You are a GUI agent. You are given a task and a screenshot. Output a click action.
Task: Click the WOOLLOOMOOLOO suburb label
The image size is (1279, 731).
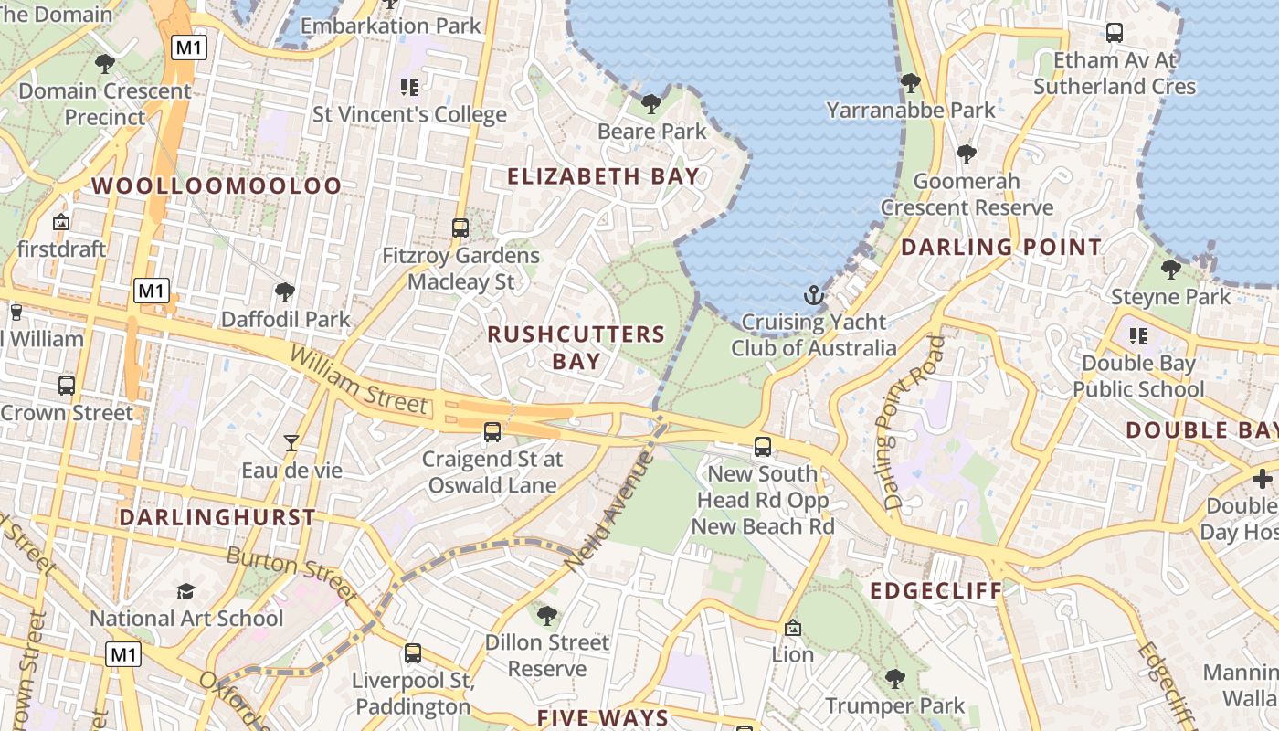tap(217, 185)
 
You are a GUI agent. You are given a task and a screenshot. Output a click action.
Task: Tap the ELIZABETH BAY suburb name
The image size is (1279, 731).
tap(604, 176)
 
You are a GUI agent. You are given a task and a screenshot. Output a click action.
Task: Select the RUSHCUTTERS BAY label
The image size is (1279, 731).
tap(576, 347)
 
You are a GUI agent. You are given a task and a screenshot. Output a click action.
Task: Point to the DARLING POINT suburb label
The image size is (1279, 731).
tap(1001, 247)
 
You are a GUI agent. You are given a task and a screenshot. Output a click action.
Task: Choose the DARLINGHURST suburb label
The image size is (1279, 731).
tap(217, 517)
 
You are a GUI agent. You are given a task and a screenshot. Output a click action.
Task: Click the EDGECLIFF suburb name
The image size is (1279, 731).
tap(936, 590)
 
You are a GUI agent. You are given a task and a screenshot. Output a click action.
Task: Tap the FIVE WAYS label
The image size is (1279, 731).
tap(603, 717)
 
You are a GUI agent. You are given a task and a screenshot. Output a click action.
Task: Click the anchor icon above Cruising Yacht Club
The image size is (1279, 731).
tap(813, 295)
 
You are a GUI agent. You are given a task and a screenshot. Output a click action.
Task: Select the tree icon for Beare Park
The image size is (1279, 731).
tap(651, 103)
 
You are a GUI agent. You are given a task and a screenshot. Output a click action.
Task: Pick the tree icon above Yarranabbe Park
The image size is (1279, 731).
tap(911, 83)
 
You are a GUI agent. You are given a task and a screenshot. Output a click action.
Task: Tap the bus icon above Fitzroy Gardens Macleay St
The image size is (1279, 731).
tap(460, 228)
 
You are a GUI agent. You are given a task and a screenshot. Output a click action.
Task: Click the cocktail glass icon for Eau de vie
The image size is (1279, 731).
tap(291, 443)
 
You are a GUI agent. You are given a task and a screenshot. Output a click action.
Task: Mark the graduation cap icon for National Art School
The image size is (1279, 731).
tap(186, 591)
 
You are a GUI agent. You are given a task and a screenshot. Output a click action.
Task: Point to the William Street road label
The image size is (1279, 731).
tap(358, 378)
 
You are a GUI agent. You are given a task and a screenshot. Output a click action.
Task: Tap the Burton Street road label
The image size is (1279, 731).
tap(291, 574)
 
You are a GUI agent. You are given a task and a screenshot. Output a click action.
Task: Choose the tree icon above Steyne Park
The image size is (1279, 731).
tap(1170, 270)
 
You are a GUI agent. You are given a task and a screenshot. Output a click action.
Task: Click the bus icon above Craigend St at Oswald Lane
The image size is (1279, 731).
tap(492, 432)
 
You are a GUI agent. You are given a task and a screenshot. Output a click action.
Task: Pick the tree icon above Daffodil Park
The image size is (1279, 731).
tap(285, 292)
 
